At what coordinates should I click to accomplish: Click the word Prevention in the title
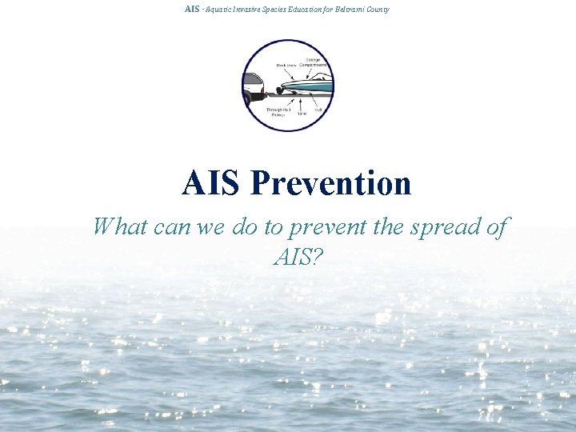[330, 183]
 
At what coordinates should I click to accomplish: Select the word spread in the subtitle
[443, 227]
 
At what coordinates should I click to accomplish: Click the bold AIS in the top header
[191, 9]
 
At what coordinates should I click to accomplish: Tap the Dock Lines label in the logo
[286, 66]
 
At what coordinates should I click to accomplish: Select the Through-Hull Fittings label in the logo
[278, 112]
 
